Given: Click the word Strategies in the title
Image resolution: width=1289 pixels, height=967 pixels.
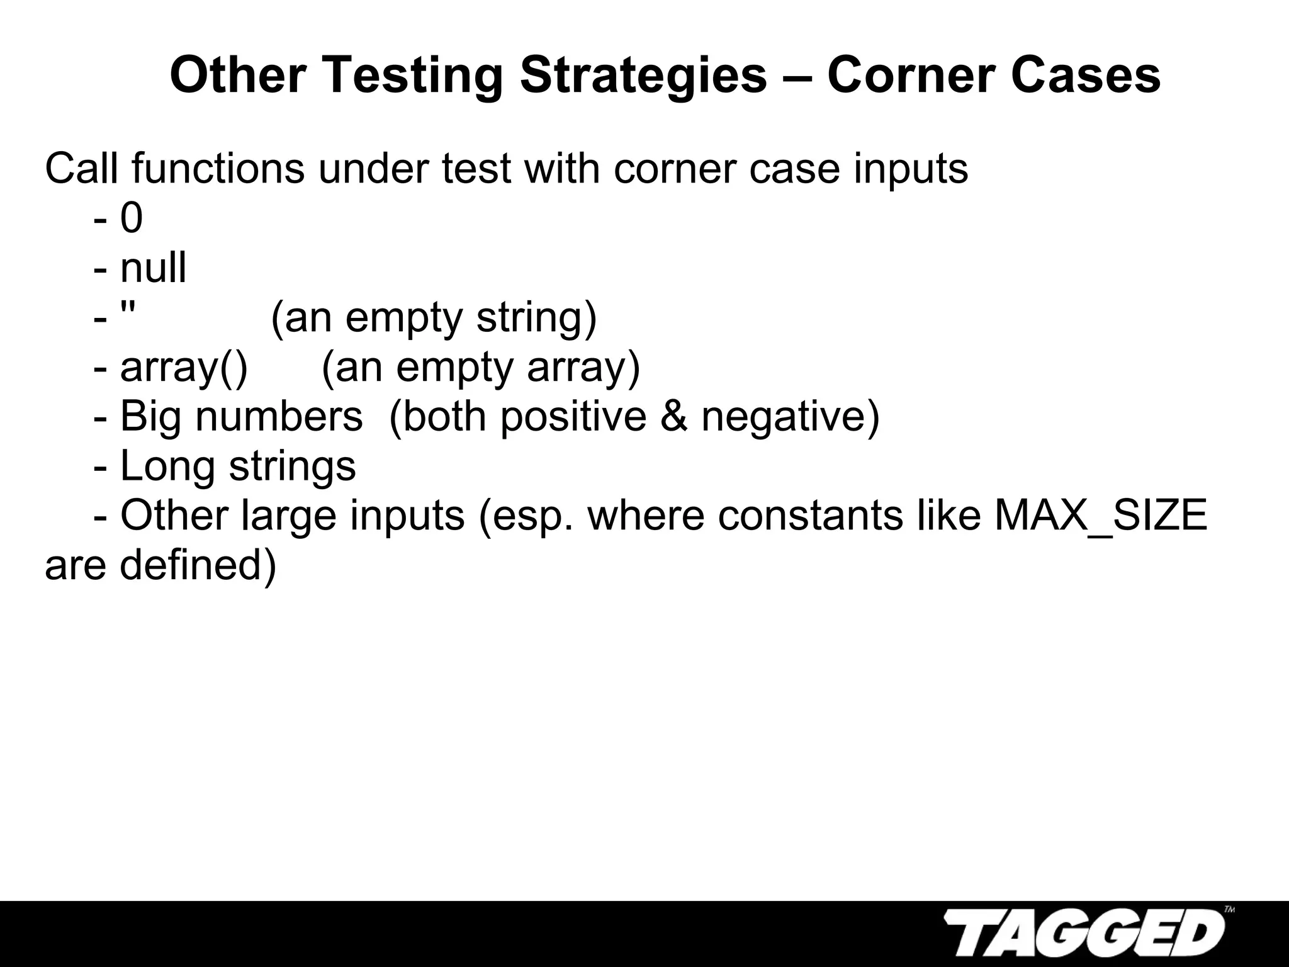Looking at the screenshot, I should point(643,76).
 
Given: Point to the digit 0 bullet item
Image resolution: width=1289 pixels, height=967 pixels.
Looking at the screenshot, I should point(132,218).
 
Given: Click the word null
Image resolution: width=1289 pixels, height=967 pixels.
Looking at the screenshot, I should point(153,268).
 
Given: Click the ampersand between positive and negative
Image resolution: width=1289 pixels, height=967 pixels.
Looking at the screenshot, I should point(674,417).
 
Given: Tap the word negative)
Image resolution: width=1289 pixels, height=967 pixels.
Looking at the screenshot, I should point(791,417).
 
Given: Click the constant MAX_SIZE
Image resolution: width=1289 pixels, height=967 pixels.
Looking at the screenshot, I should point(1101,516).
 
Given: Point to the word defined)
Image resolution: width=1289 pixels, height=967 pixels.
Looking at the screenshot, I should point(198,565).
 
